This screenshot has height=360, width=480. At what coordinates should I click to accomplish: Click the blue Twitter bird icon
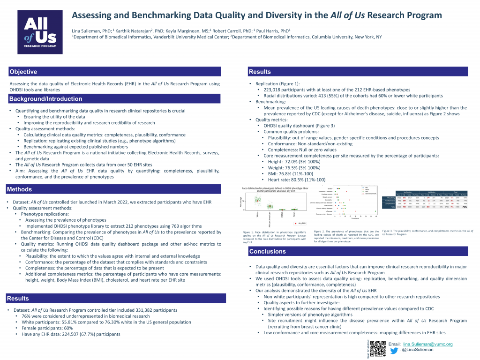coord(394,350)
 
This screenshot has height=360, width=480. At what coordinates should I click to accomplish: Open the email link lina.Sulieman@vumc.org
coord(428,344)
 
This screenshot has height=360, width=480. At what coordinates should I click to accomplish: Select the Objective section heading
coord(23,72)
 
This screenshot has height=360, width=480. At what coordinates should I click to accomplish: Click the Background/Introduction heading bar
coord(46,99)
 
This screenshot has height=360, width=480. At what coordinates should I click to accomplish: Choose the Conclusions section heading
coord(267,251)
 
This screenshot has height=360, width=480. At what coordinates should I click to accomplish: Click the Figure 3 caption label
coord(390,231)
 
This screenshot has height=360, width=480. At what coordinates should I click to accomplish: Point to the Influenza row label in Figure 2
coord(328,211)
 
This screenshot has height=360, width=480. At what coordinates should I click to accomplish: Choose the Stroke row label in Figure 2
coord(330,188)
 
